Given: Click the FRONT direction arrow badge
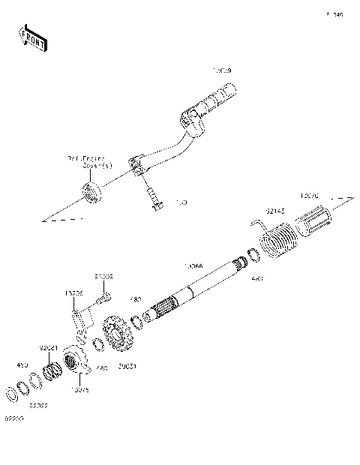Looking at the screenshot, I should click(31, 38).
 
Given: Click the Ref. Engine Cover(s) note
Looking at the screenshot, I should click(88, 162).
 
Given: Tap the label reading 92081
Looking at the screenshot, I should click(48, 348).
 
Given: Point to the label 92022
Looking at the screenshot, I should click(39, 405).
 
